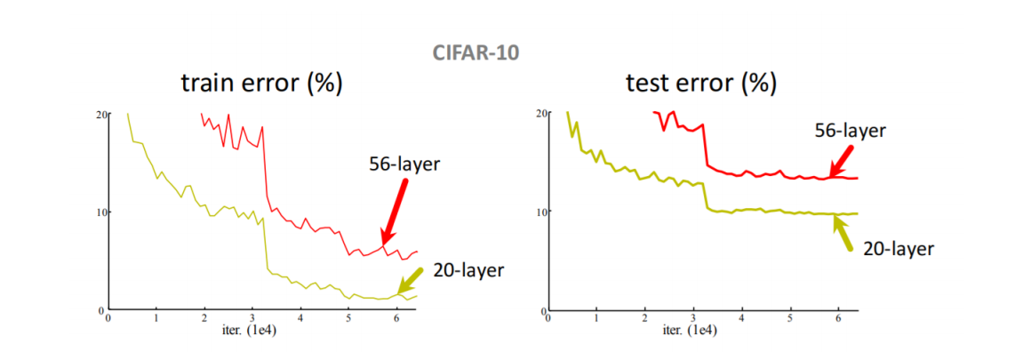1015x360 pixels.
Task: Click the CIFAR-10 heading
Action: [476, 52]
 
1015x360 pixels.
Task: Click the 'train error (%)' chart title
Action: [262, 84]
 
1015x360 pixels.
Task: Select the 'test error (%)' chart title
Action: [700, 84]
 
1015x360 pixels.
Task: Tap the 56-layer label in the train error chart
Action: [404, 164]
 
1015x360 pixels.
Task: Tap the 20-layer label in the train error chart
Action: [468, 269]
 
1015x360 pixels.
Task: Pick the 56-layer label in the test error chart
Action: [851, 131]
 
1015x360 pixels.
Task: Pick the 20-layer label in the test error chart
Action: [899, 249]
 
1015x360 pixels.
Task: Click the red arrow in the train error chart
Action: [395, 211]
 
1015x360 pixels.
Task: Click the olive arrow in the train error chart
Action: [412, 284]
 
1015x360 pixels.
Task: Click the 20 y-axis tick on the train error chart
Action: [100, 115]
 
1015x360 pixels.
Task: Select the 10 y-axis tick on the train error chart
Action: [100, 212]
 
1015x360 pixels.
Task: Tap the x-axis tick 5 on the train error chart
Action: [348, 317]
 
